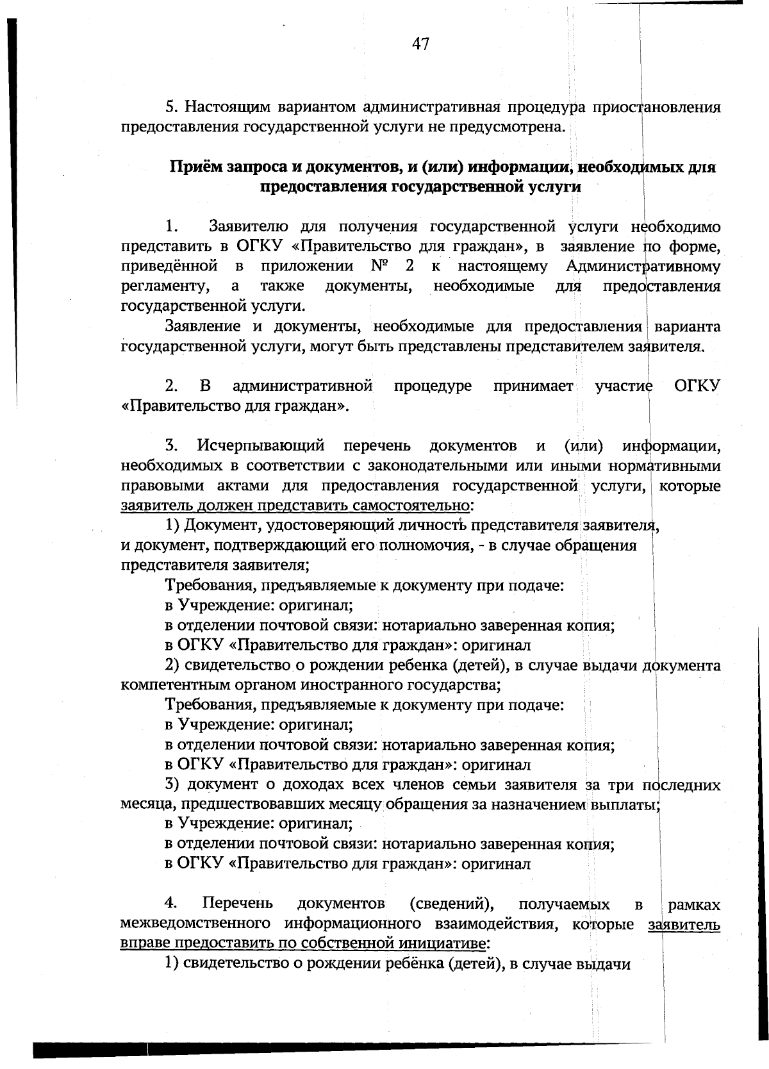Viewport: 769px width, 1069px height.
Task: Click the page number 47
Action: [420, 44]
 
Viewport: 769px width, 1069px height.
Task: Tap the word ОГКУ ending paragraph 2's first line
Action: [697, 386]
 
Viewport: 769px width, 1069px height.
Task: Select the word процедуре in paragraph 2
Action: [433, 386]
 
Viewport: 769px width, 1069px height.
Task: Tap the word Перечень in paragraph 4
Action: [238, 904]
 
